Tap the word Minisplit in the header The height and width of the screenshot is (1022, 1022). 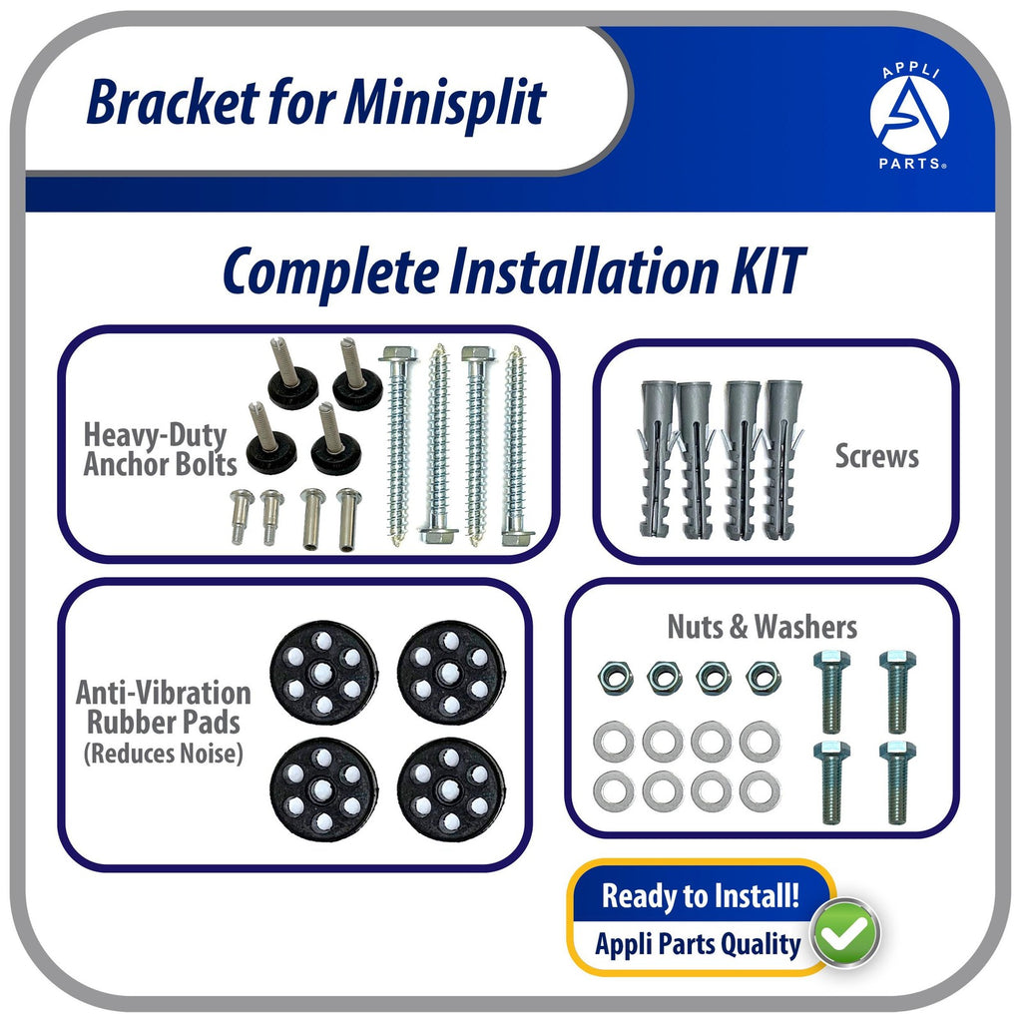tap(445, 102)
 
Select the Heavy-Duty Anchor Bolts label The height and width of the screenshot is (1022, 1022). tap(160, 449)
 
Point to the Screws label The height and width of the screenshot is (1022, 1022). tap(876, 457)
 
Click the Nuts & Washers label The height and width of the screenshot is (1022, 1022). tap(762, 627)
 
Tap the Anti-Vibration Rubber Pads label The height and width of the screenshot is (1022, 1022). tap(163, 708)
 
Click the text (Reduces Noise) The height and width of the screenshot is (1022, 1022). tap(164, 754)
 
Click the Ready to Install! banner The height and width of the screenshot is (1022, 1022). tap(700, 894)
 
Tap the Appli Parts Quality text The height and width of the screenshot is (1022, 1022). tap(698, 944)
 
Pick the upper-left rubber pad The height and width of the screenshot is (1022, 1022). tap(323, 670)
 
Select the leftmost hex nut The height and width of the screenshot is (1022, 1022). tap(612, 678)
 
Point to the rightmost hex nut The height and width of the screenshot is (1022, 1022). tap(764, 678)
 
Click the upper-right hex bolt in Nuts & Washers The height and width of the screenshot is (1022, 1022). tap(897, 690)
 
